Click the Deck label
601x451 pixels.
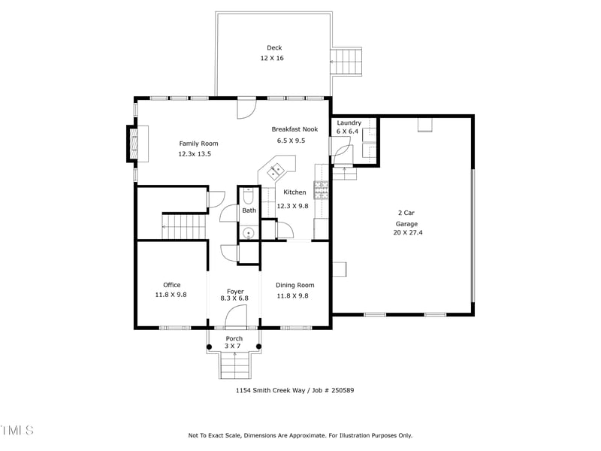274,48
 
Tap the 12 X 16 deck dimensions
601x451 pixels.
272,58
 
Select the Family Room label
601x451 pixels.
198,144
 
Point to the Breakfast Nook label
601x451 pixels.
294,129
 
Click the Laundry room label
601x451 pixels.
349,123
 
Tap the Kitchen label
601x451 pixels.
295,192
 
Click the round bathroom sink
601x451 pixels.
249,232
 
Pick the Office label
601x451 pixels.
171,285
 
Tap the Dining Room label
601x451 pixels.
294,285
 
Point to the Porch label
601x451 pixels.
234,339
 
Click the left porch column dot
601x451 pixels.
210,347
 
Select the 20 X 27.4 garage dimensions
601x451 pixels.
407,232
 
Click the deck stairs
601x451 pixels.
347,60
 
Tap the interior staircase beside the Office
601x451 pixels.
184,224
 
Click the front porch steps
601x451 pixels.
234,365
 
